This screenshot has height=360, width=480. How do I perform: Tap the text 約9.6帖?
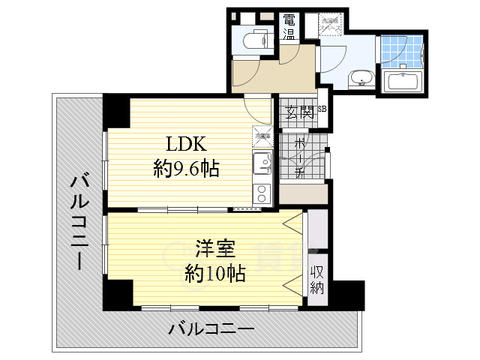point(186,169)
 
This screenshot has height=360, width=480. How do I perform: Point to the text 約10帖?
point(215,273)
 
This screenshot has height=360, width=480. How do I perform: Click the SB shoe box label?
point(322,109)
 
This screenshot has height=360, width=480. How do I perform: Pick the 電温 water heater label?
point(289,28)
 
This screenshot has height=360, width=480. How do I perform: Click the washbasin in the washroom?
point(362,78)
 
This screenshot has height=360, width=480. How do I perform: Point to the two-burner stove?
point(262,193)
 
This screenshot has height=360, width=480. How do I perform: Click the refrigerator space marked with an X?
point(262,136)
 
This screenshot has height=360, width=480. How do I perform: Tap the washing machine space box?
point(331,23)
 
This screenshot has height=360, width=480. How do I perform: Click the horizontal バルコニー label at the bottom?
point(211,328)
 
